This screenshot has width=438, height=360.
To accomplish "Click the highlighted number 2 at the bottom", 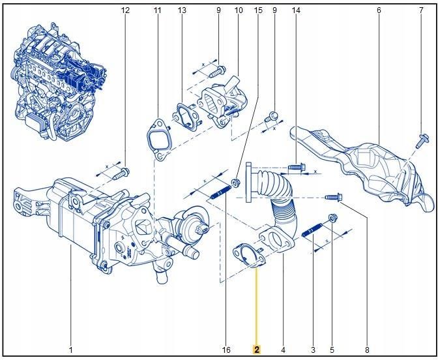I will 257,350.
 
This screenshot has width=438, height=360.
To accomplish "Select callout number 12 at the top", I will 126,11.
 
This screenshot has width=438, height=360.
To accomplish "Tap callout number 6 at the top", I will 379,11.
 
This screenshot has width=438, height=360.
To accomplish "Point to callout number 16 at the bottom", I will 226,350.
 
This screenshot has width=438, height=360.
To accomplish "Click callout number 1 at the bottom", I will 70,350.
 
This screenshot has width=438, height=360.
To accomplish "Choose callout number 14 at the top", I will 296,11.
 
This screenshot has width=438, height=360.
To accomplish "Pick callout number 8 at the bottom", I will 367,350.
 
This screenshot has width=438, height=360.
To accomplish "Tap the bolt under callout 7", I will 422,138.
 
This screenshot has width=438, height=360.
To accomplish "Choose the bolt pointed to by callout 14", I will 294,168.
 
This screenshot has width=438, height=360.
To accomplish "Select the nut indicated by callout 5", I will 333,217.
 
